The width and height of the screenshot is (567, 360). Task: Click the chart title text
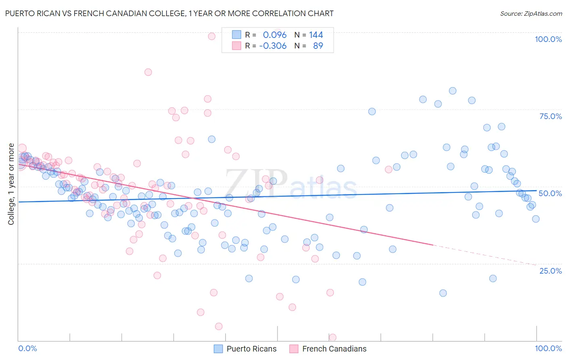tap(169, 13)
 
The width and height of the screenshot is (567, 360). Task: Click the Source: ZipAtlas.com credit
tap(531, 13)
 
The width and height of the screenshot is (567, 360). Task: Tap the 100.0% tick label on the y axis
tap(548, 39)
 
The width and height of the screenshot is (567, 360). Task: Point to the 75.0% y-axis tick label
tap(550, 116)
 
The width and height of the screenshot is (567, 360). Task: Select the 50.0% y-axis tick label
tap(550, 193)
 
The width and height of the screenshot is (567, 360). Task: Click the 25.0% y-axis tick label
tap(550, 271)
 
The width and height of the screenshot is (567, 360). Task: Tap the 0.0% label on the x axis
tap(27, 348)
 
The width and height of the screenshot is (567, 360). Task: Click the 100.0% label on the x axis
tap(548, 348)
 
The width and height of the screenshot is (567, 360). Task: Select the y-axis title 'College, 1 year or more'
tap(11, 184)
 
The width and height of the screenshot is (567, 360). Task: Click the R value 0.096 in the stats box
tap(275, 35)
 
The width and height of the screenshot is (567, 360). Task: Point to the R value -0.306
tap(273, 46)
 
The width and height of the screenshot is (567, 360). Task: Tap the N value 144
tap(316, 35)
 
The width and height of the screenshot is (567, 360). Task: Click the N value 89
tap(318, 46)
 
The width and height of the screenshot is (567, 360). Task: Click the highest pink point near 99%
tap(211, 36)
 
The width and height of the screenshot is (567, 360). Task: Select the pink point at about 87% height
tap(148, 72)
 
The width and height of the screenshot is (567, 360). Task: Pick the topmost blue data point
tap(452, 91)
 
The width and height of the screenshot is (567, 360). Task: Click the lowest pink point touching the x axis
tap(333, 337)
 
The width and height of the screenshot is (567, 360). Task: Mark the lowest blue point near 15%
tap(443, 293)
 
